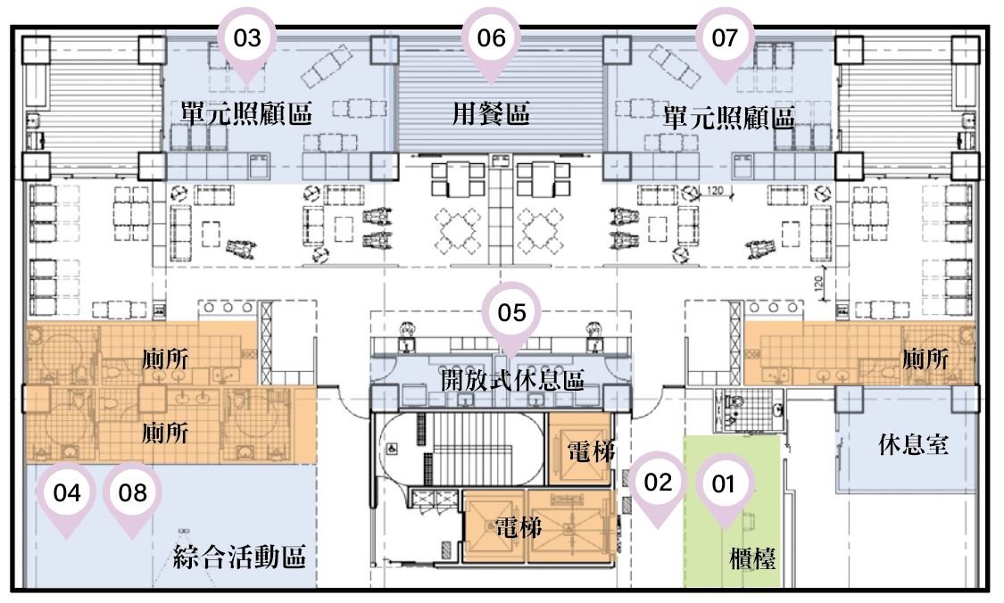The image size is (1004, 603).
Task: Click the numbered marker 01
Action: [724, 491]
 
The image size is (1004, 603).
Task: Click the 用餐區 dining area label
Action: [491, 114]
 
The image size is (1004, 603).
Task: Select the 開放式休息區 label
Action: [512, 380]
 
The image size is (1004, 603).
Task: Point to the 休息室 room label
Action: [913, 443]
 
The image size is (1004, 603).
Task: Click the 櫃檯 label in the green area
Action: [752, 558]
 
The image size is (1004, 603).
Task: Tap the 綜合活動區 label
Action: [239, 557]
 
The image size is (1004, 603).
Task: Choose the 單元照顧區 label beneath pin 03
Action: [246, 113]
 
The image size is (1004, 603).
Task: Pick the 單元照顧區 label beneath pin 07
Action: [728, 118]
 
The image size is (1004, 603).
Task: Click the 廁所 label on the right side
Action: [925, 359]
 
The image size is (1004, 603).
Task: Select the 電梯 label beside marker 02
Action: [591, 451]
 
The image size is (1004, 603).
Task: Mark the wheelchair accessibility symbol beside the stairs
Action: [391, 450]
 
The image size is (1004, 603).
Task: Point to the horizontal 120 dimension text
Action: [715, 190]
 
